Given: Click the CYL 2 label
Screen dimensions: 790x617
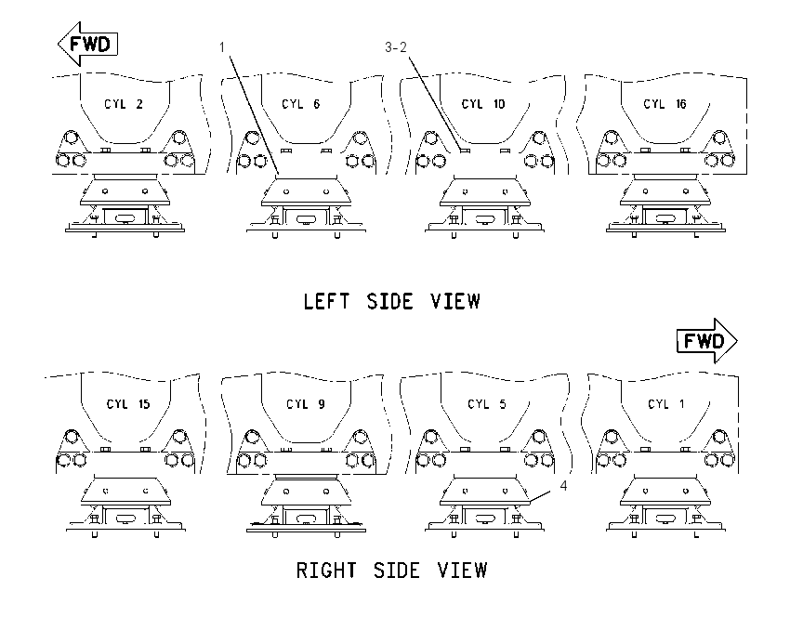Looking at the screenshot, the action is (x=124, y=104).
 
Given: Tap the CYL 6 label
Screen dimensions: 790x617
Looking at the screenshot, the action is (x=301, y=104).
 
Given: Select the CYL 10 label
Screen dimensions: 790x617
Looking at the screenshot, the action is (x=483, y=104).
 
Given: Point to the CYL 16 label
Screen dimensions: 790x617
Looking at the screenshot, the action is (x=665, y=104).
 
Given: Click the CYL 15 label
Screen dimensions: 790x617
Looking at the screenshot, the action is (x=128, y=404).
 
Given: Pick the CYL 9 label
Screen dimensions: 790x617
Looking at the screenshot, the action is (x=306, y=404).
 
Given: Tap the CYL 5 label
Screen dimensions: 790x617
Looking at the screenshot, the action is (x=487, y=404).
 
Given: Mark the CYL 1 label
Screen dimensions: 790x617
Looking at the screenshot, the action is (x=666, y=404).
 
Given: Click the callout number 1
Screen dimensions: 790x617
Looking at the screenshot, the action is (x=222, y=47).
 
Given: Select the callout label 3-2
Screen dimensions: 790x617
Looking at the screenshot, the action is (x=396, y=47).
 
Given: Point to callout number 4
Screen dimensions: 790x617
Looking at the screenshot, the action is (x=563, y=486).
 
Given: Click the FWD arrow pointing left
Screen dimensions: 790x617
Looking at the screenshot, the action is (x=87, y=44).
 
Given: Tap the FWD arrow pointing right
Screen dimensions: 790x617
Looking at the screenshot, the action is (x=707, y=341).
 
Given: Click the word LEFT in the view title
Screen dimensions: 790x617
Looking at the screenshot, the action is (x=326, y=302).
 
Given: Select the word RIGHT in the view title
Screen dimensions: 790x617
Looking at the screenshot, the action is (x=326, y=571).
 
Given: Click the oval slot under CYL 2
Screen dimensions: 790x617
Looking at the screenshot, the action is (x=125, y=218).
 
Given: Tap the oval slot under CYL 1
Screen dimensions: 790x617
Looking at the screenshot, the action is (x=665, y=518).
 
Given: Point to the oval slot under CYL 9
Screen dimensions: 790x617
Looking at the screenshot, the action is (x=306, y=519).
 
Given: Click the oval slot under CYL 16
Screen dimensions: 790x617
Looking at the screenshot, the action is (x=665, y=218).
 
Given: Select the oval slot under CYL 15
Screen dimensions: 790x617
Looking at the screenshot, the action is (x=125, y=519).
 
